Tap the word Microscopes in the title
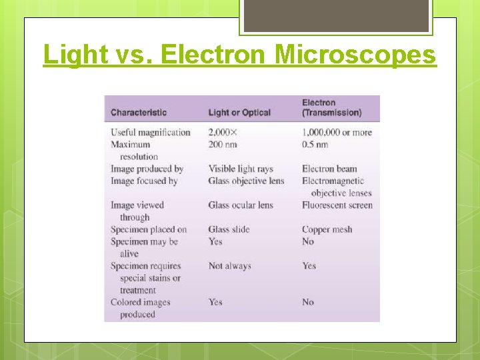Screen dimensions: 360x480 355,55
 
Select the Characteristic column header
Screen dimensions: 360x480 139,113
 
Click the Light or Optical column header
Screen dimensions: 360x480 239,113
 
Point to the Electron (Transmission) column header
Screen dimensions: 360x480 332,107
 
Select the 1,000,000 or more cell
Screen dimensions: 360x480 337,132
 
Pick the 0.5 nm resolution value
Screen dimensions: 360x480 315,144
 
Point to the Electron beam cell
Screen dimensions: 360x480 329,169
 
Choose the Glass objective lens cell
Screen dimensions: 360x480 246,181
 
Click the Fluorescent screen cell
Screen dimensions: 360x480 337,205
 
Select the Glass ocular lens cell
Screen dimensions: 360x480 241,205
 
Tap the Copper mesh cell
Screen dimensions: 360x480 327,229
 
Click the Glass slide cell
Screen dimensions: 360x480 229,229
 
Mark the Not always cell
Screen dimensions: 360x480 229,266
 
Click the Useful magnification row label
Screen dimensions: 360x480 151,132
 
